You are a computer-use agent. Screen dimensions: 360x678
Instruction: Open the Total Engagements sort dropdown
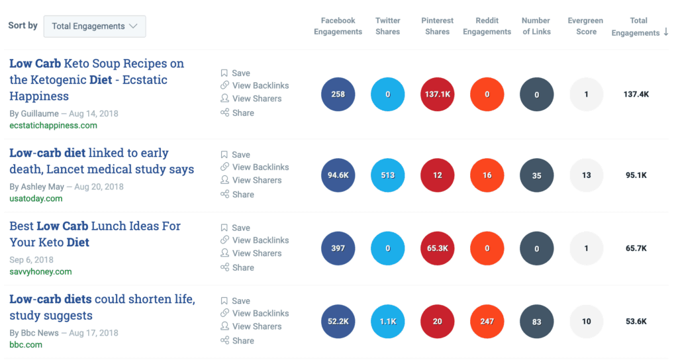pos(95,26)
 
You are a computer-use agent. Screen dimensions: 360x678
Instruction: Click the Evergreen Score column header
pos(586,26)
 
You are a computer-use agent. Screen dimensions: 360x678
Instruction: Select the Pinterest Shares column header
pos(437,26)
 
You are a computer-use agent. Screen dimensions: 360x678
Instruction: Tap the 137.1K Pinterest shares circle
pos(437,95)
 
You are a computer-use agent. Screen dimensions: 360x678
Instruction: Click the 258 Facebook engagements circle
pos(338,95)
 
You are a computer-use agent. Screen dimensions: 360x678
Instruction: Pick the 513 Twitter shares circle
pos(387,175)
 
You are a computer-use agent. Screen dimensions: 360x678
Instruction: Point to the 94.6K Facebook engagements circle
pos(338,175)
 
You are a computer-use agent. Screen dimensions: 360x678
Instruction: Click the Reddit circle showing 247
pos(487,322)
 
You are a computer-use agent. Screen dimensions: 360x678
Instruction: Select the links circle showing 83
pos(536,322)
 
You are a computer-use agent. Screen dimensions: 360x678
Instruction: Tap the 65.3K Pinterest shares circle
pos(437,249)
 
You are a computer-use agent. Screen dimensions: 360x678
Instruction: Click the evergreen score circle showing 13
pos(586,175)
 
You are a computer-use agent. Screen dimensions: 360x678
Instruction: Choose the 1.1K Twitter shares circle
pos(387,322)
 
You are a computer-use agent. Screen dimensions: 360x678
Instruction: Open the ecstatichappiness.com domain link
pos(53,126)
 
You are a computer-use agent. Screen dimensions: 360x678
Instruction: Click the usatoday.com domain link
pos(36,199)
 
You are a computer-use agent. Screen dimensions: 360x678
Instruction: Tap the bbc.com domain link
pos(26,345)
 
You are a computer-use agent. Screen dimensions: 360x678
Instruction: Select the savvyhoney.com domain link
pos(40,271)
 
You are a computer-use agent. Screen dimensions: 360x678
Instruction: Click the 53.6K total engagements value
pos(636,322)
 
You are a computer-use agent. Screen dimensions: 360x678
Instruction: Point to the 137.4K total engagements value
pos(636,95)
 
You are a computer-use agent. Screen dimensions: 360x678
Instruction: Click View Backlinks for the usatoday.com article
pos(260,167)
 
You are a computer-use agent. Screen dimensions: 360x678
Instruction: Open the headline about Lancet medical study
pos(101,161)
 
